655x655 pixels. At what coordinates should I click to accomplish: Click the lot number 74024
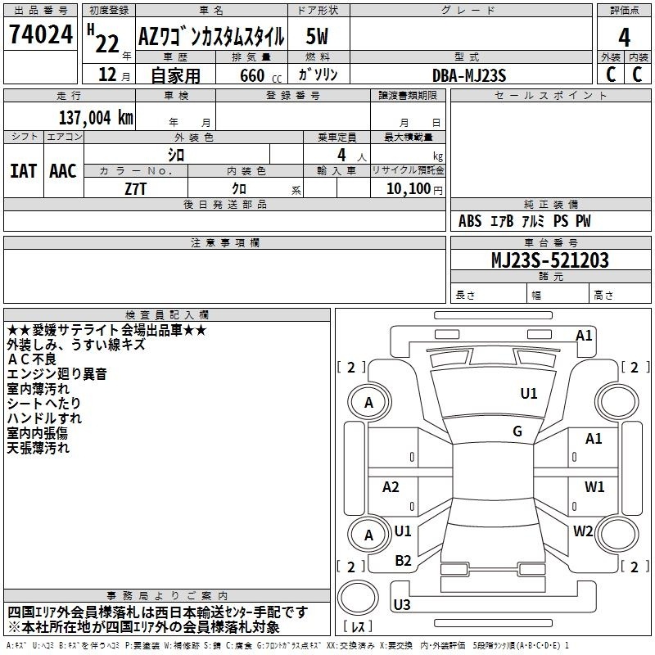41,34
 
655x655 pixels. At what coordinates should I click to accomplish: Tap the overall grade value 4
624,37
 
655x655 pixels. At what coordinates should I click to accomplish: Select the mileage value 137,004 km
96,117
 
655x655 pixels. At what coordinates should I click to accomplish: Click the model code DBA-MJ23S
469,75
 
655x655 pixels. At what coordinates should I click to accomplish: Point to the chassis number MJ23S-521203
550,260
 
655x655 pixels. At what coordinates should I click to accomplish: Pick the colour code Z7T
135,189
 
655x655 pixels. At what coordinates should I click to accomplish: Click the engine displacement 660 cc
260,75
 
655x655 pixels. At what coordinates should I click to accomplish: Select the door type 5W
317,36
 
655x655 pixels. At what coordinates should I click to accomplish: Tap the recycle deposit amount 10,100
409,188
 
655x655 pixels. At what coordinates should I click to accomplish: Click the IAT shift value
24,171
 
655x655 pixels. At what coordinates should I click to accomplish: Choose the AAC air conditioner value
63,171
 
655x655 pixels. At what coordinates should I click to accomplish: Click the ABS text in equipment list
470,220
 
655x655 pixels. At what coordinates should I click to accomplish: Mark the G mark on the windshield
517,431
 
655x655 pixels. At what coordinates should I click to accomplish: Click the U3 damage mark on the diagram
402,604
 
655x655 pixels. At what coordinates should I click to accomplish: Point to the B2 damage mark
403,560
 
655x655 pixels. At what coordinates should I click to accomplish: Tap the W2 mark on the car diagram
583,531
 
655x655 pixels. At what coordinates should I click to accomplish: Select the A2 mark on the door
391,486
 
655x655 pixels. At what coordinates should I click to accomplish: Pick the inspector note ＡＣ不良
32,359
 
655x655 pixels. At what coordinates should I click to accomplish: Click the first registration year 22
107,44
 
